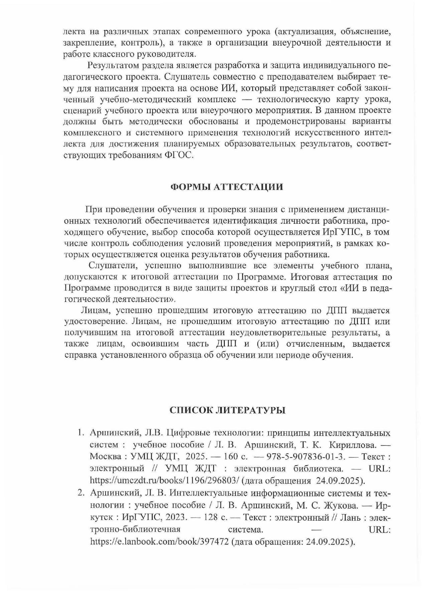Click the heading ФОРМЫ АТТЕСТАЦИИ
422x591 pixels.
point(227,187)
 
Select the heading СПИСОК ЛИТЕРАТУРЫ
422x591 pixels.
point(227,410)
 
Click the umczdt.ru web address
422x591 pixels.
point(165,480)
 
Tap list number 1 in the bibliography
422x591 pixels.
point(80,433)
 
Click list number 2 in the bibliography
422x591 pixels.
point(80,493)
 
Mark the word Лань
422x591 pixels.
point(353,517)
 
